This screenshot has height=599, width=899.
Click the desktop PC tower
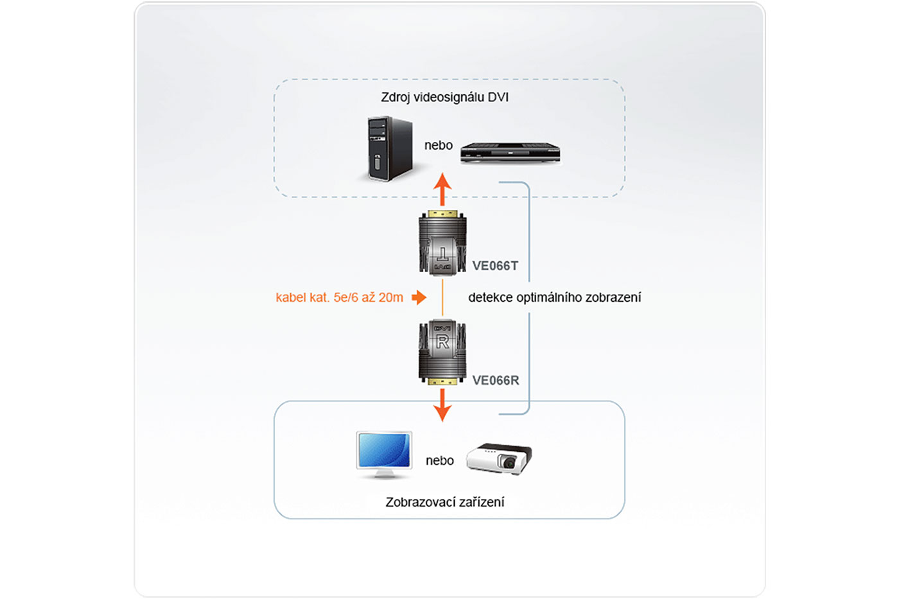tap(389, 148)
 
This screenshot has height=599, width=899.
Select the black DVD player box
tap(510, 153)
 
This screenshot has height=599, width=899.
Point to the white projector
tap(499, 458)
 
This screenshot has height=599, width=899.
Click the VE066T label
tap(495, 266)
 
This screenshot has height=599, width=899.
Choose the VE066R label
tap(495, 380)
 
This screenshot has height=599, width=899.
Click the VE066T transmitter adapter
tap(442, 243)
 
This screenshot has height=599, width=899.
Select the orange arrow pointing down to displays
tap(442, 404)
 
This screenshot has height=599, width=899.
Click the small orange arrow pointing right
tap(419, 297)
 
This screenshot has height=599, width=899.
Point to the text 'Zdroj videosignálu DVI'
tap(444, 98)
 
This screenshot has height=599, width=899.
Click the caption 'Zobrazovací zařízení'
tap(444, 502)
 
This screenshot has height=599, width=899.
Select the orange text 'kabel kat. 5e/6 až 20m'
tap(339, 297)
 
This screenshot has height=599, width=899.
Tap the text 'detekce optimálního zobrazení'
tap(554, 297)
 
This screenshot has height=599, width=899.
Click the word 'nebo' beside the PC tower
tap(438, 146)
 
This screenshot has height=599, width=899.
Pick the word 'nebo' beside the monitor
tap(439, 460)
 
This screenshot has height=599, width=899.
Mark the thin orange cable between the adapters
tap(442, 298)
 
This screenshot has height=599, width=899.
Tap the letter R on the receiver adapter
tap(442, 342)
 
